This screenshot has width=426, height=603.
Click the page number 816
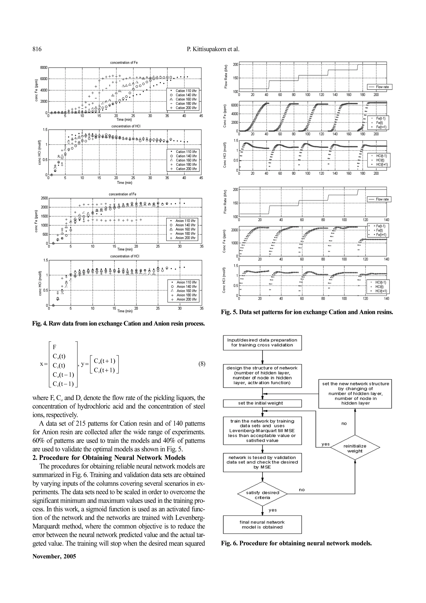click(x=37, y=49)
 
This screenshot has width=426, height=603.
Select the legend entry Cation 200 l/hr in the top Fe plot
click(x=186, y=108)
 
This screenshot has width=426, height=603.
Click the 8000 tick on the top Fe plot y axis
click(x=43, y=67)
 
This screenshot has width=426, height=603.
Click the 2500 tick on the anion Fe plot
click(x=44, y=198)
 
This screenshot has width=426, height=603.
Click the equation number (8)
click(x=202, y=364)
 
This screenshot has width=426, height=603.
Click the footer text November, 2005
click(x=54, y=556)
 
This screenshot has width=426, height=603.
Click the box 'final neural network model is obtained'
click(x=262, y=525)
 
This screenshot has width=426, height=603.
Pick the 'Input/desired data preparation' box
click(x=262, y=342)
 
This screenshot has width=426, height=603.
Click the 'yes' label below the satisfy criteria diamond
click(x=272, y=510)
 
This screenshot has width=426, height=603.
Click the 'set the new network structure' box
click(x=355, y=393)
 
